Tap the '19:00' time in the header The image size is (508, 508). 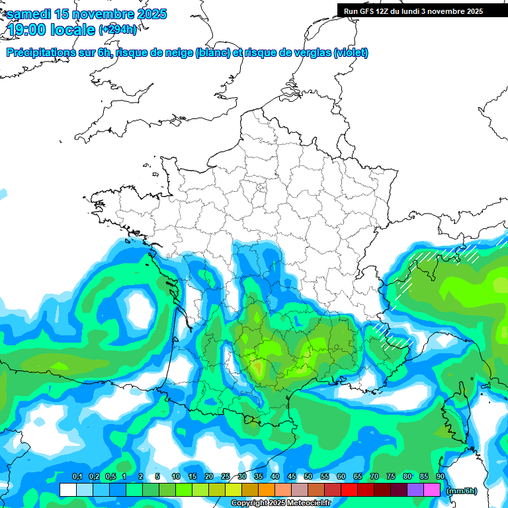pyautogui.click(x=27, y=29)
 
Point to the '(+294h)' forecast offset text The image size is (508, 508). pyautogui.click(x=118, y=29)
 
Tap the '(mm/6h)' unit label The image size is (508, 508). pyautogui.click(x=462, y=491)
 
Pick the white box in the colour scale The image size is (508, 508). pyautogui.click(x=67, y=489)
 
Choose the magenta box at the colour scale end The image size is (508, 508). pyautogui.click(x=432, y=489)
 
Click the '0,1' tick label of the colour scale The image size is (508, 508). pyautogui.click(x=77, y=477)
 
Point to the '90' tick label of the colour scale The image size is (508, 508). pyautogui.click(x=441, y=477)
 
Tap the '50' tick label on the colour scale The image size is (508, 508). pyautogui.click(x=308, y=477)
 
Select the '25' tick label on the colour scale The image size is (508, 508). pyautogui.click(x=226, y=477)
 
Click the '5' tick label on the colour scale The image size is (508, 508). pyautogui.click(x=157, y=477)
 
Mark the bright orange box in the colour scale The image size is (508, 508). pyautogui.click(x=267, y=489)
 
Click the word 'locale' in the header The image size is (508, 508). pyautogui.click(x=73, y=29)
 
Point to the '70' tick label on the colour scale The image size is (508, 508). pyautogui.click(x=374, y=477)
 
